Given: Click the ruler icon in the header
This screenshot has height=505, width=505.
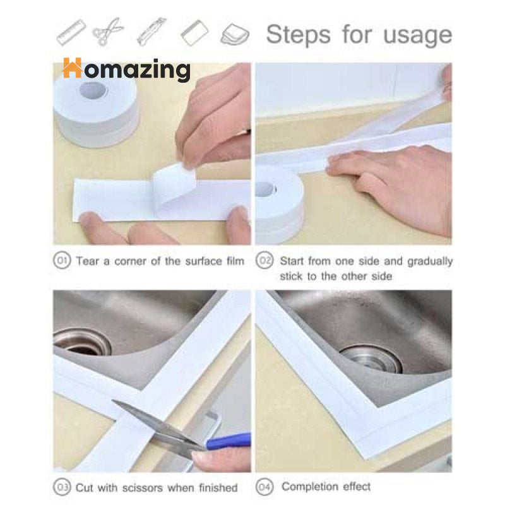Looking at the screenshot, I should point(71,32).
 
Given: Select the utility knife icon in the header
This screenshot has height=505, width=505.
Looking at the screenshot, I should point(151,32).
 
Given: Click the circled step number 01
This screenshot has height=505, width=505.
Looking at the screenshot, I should point(62,261).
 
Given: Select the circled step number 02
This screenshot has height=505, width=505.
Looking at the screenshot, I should point(264,261).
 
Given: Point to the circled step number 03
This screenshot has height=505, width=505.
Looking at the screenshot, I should point(62,487).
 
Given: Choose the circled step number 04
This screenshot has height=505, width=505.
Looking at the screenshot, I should point(264,487).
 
